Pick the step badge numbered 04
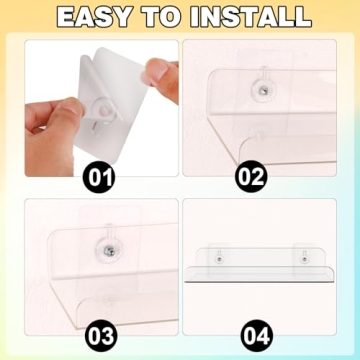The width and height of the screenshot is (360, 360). pyautogui.click(x=253, y=330)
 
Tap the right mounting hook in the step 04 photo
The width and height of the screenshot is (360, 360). pyautogui.click(x=301, y=257)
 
